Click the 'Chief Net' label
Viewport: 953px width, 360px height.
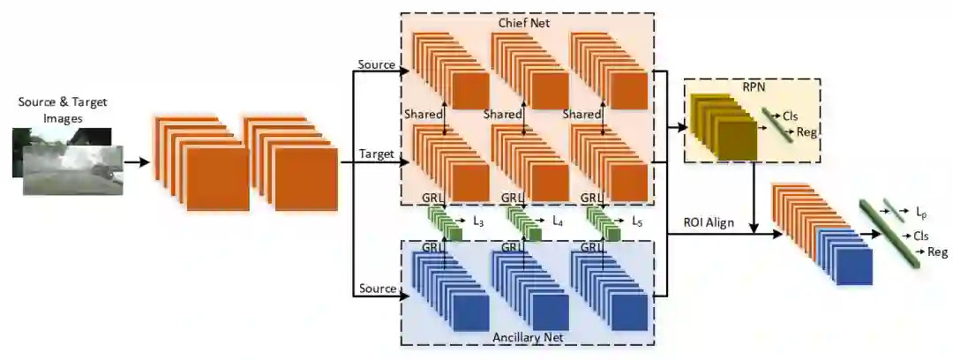coord(527,22)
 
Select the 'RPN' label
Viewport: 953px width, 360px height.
coord(753,87)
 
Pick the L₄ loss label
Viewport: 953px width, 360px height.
coord(557,221)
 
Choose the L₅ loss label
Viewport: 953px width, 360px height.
coord(637,221)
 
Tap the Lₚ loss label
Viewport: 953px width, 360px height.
coord(923,214)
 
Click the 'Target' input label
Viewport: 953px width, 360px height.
coord(376,154)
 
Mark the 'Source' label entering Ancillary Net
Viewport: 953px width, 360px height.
coord(377,288)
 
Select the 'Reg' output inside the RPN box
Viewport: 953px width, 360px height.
coord(806,131)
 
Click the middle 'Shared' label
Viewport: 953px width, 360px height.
coord(503,115)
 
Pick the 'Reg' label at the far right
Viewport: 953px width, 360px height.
coord(936,252)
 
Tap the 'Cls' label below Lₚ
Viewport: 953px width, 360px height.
coord(921,236)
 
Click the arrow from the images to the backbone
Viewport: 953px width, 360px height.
coord(137,162)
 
